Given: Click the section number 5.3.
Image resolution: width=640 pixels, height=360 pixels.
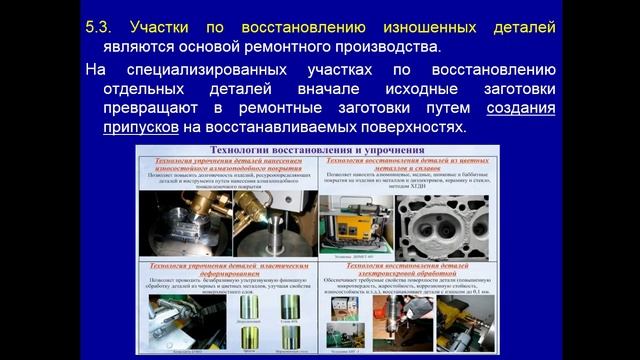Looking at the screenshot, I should (x=102, y=27).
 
